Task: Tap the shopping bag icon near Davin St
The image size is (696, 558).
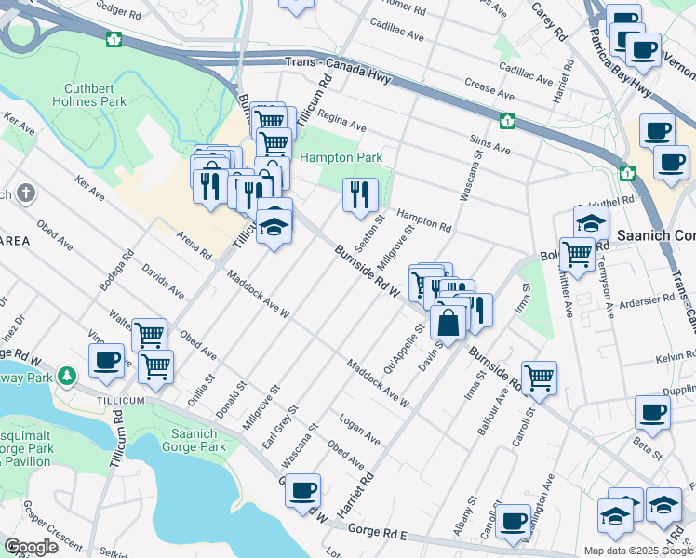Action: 448,325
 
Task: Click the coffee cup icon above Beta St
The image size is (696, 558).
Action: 651,412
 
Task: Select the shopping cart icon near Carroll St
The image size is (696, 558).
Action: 539,378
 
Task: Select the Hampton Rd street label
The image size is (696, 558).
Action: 424,219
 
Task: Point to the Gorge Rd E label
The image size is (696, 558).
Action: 379,531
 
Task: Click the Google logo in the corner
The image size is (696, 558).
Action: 31,546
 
